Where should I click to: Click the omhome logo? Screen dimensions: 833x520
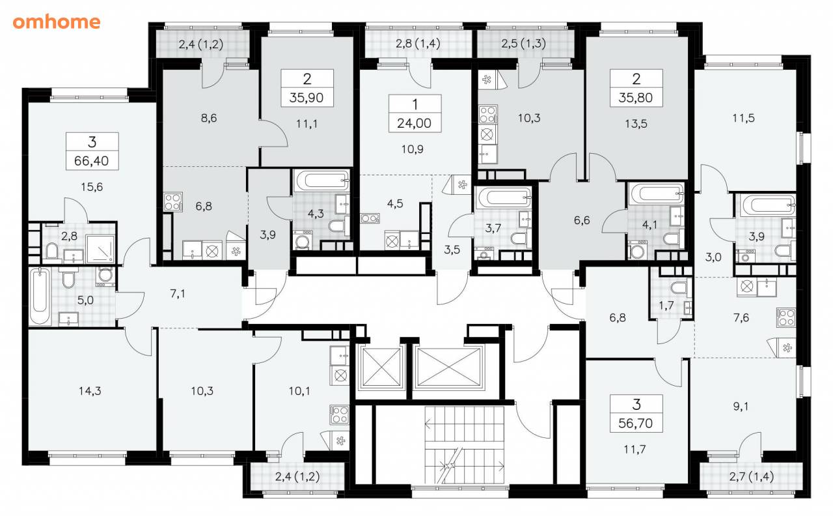coord(57,22)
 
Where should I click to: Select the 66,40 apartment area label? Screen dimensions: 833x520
coord(92,161)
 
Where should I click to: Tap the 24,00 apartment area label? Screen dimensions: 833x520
coord(415,123)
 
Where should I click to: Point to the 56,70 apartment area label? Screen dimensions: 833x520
coord(636,423)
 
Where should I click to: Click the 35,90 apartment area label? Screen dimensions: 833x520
coord(307,98)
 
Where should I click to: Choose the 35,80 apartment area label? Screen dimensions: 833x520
coord(636,98)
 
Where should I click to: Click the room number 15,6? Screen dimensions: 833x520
coord(92,186)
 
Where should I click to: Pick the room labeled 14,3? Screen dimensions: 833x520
coord(90,391)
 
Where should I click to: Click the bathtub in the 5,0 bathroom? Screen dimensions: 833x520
coord(40,296)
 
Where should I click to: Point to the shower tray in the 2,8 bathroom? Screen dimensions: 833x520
coord(100,248)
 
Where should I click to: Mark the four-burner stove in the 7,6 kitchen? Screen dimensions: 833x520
coord(785,318)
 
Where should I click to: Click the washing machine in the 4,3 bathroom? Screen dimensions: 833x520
coord(303,240)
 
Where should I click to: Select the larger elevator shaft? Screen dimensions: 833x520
coord(448,368)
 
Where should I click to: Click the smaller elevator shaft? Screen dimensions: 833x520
coord(381,368)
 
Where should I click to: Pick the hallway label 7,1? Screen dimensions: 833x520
coord(178,294)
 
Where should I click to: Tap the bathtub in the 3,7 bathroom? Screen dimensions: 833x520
coord(504,197)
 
